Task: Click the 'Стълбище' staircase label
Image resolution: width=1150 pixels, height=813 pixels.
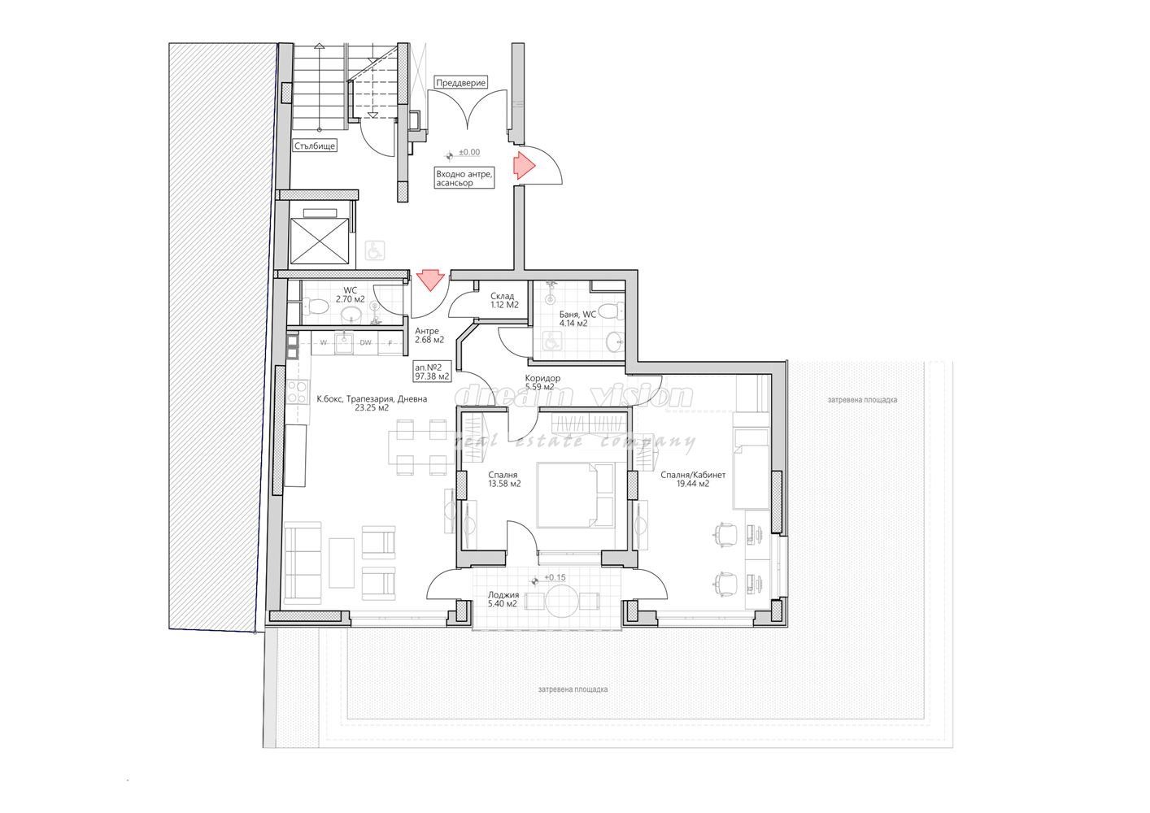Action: [314, 146]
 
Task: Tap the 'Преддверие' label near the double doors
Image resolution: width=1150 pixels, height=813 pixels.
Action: [460, 83]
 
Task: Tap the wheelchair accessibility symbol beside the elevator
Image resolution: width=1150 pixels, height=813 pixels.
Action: [373, 250]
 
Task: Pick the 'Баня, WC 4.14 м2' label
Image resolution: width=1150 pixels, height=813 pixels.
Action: [577, 318]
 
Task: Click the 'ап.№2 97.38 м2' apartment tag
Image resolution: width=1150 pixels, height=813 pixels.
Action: [432, 372]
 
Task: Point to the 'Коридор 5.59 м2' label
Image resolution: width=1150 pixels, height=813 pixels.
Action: [542, 382]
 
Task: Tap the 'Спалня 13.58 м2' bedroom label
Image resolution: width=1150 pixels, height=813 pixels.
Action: [503, 479]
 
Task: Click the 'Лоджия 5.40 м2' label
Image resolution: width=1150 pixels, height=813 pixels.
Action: [503, 599]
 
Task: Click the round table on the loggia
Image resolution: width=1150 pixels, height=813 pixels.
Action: [560, 602]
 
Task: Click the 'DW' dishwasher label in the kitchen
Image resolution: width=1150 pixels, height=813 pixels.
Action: [365, 343]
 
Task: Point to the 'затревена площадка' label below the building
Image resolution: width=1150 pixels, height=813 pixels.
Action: [572, 689]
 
